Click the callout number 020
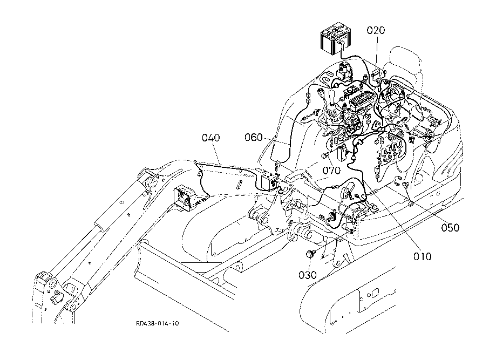(x=376, y=30)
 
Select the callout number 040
(x=211, y=138)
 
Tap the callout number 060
(x=254, y=137)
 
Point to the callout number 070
(x=331, y=170)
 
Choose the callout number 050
(x=450, y=227)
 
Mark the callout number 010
(x=422, y=256)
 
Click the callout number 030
(x=308, y=275)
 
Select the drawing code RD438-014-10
(x=158, y=323)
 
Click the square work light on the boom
(x=184, y=198)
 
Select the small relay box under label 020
(x=376, y=73)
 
